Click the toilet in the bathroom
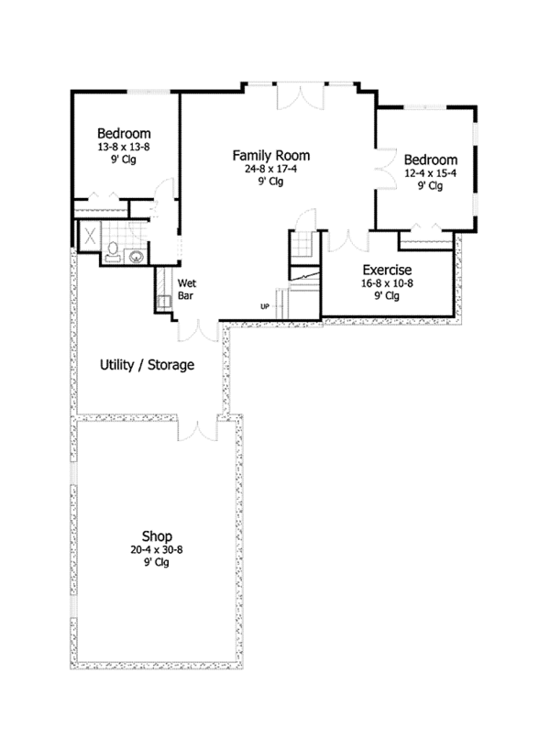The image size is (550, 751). [x=113, y=251]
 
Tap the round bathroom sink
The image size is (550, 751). [x=137, y=257]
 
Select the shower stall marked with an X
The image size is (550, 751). [x=89, y=237]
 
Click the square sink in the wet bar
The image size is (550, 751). [x=164, y=302]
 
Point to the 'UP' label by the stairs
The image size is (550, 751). [x=265, y=306]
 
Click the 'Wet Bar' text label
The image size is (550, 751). [x=187, y=289]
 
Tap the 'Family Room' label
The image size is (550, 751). [x=271, y=156]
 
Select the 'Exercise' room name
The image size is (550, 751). [x=387, y=270]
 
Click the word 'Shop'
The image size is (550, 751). [x=157, y=536]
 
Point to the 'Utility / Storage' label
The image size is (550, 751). [x=147, y=365]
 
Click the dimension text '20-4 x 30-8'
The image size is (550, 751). [x=157, y=550]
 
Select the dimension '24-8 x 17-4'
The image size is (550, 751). [x=271, y=169]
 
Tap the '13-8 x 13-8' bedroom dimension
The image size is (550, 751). [x=124, y=147]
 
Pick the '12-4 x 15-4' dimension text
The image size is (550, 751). [x=430, y=173]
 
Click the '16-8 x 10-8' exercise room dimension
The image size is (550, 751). [x=387, y=283]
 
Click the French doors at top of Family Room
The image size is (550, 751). [x=301, y=96]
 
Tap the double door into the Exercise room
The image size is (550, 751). [x=348, y=241]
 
